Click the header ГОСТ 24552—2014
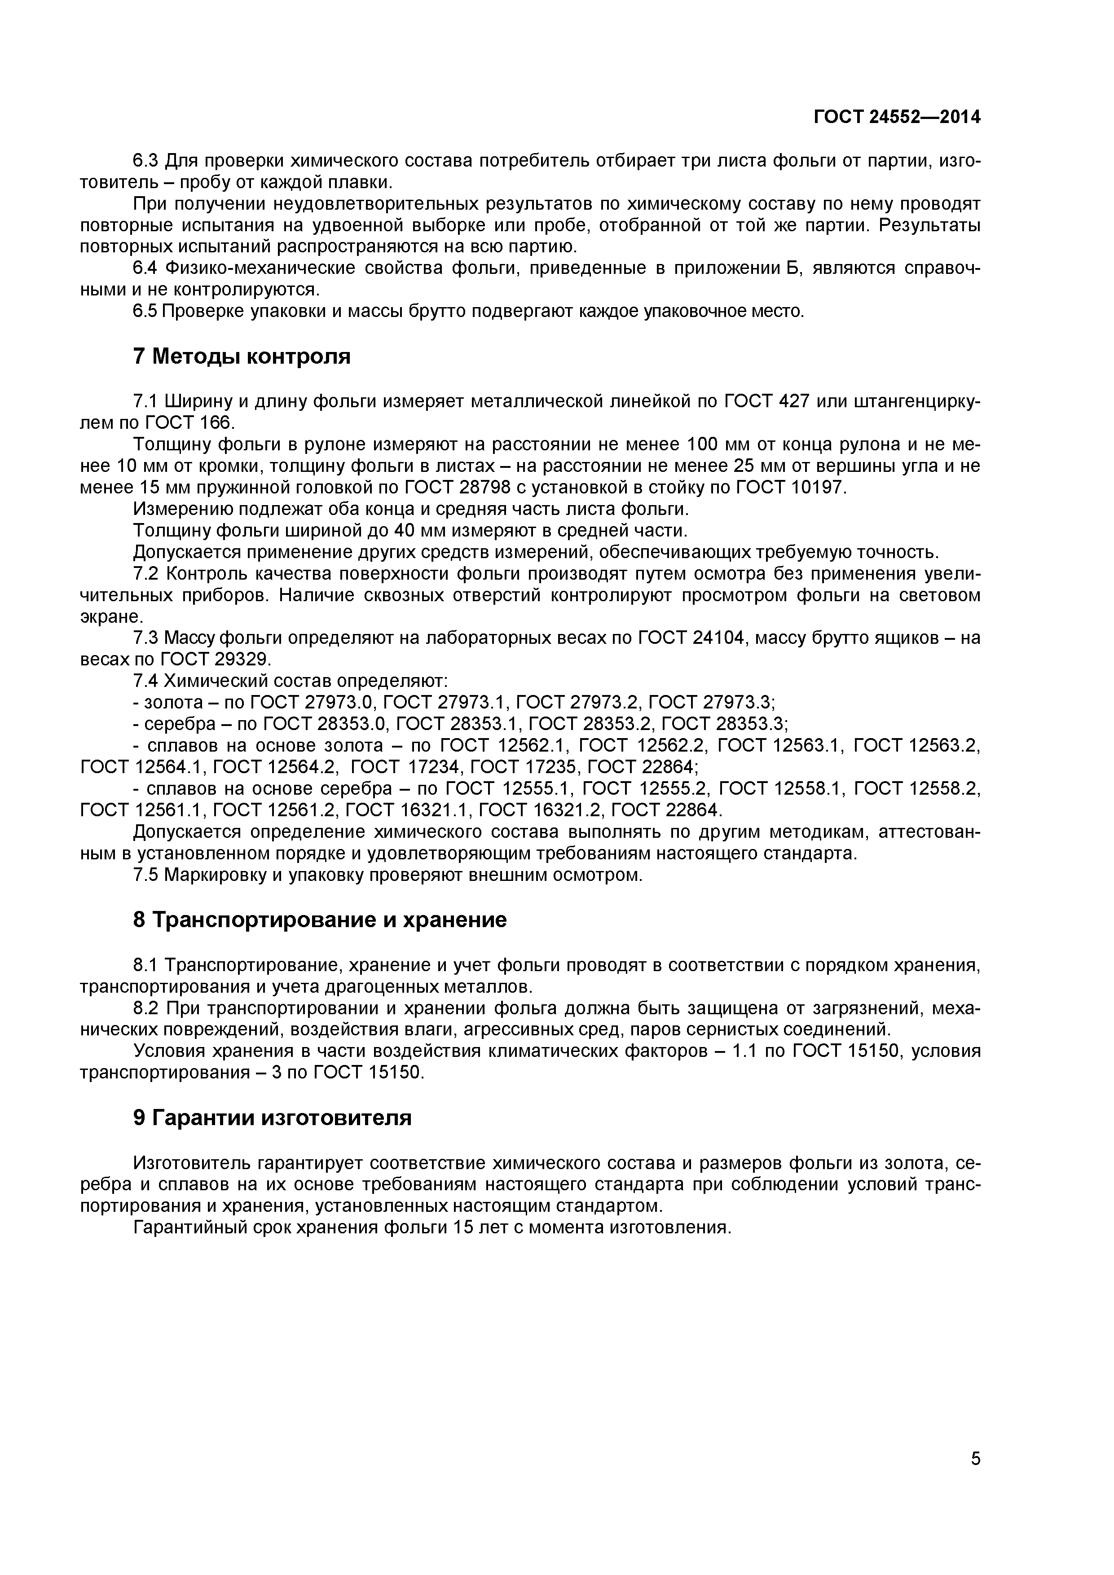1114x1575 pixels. pos(897,117)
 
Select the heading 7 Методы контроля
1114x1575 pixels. pos(242,356)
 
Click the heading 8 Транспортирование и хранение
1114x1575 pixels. pos(320,920)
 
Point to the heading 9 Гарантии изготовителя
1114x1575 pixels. pos(273,1118)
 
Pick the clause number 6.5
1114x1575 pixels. pos(145,312)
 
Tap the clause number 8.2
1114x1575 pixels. pos(145,1009)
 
